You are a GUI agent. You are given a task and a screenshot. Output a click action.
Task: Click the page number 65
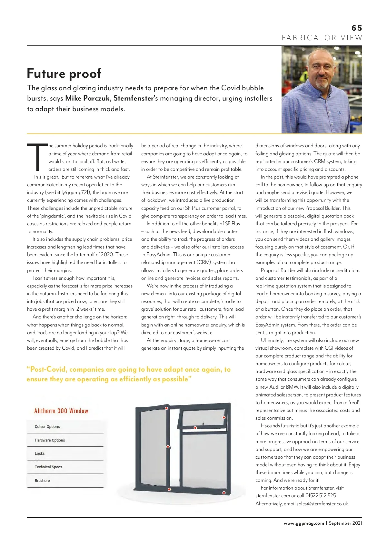[x=357, y=28]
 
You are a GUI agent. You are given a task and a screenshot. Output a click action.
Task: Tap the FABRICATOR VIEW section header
[x=322, y=38]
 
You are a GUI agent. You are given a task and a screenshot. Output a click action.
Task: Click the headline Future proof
[x=64, y=73]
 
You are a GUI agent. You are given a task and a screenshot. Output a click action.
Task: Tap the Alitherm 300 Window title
[x=61, y=411]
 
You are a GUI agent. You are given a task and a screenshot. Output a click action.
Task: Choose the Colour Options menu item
[x=47, y=427]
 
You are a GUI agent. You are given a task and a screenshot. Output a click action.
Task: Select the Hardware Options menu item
[x=50, y=440]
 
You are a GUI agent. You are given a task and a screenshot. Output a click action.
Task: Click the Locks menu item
[x=40, y=453]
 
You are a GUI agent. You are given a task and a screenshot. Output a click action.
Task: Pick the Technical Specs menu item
[x=48, y=467]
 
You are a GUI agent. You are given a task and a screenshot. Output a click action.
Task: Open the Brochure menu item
[x=42, y=481]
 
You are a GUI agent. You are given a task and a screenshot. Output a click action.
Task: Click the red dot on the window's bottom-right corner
[x=224, y=493]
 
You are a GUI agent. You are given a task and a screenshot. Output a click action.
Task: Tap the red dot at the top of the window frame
[x=166, y=408]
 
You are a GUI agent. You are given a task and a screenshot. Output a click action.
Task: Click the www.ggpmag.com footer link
[x=304, y=523]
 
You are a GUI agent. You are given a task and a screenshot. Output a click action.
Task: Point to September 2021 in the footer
[x=345, y=523]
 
